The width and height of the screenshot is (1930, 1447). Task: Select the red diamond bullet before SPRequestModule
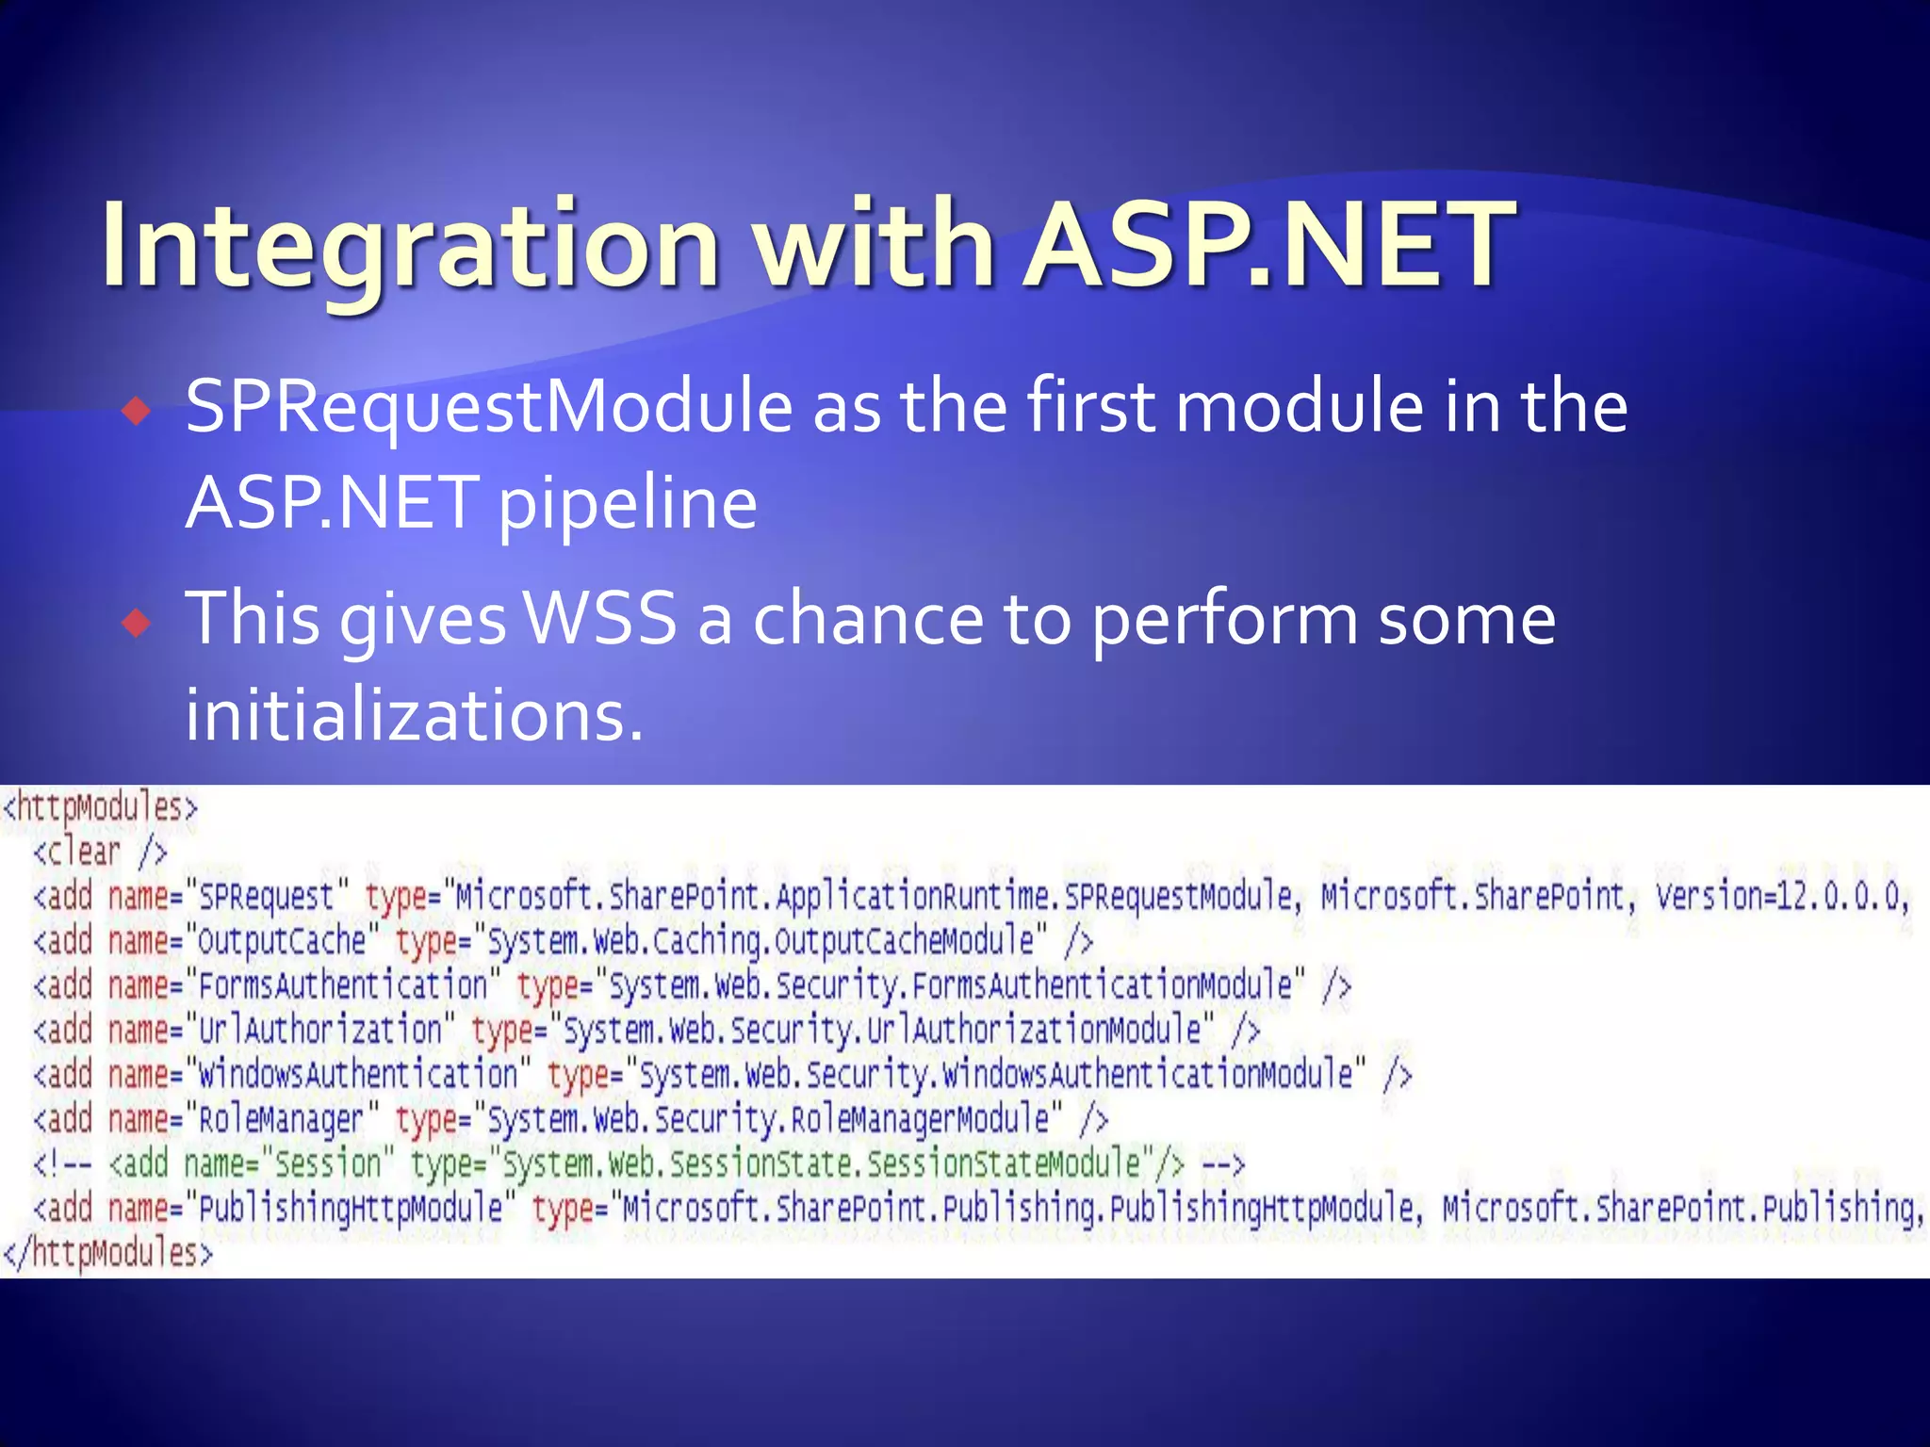pos(138,411)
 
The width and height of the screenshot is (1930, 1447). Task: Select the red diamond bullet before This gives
pos(138,623)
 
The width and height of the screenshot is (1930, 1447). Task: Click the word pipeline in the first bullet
pos(627,505)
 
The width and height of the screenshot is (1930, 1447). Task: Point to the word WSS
pos(600,619)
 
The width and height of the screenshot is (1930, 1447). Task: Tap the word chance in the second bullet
pos(868,619)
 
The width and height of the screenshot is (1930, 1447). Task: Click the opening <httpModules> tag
pos(100,808)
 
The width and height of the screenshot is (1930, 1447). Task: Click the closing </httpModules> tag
pos(107,1254)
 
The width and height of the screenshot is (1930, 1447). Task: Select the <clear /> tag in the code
pos(100,853)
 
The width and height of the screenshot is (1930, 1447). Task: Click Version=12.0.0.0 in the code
pos(1781,896)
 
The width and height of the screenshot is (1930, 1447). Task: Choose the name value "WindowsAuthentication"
pos(357,1075)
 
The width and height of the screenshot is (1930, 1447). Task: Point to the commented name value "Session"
pos(326,1164)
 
